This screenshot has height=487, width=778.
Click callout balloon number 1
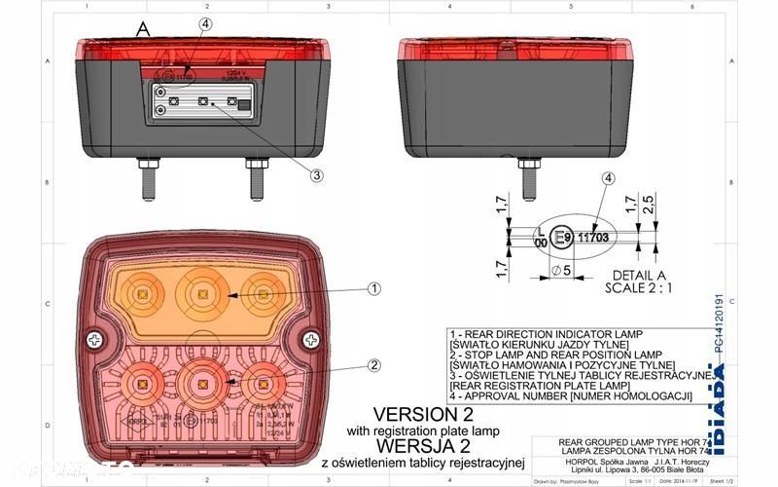click(375, 288)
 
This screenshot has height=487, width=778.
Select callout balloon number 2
click(374, 365)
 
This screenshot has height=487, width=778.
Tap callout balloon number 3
click(316, 175)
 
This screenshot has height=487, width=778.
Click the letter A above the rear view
click(143, 30)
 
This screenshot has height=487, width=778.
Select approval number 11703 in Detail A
click(593, 236)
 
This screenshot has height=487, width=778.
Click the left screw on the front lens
click(96, 340)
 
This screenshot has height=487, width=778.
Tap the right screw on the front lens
click(310, 340)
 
